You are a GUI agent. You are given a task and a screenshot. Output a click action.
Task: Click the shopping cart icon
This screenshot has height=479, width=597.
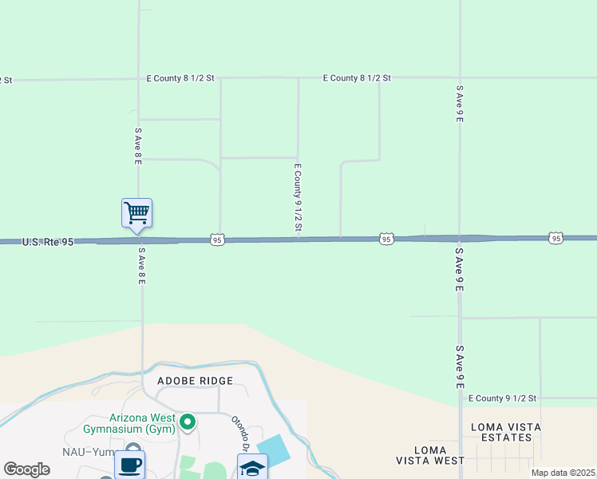[136, 212]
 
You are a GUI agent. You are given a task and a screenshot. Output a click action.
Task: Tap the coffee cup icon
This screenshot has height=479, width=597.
[129, 465]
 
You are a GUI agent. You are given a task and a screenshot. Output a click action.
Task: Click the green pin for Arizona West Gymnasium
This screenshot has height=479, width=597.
[188, 422]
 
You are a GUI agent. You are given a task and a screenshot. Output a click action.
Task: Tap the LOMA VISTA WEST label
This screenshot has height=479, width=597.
[430, 456]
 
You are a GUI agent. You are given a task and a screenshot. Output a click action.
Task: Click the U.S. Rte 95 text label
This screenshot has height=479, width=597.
[48, 241]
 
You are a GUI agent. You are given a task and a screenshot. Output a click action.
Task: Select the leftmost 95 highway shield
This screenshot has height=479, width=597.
[217, 239]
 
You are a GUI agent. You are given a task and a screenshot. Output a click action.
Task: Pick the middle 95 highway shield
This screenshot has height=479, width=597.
[386, 239]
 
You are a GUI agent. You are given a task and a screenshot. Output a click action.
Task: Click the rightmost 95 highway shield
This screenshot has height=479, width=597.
[555, 238]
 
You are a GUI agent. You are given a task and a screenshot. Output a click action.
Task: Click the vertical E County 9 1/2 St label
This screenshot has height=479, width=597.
[298, 198]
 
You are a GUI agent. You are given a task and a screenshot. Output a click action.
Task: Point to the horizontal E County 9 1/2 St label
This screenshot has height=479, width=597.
[503, 398]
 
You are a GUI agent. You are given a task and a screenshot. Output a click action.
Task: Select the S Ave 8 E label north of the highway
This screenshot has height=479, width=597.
[138, 146]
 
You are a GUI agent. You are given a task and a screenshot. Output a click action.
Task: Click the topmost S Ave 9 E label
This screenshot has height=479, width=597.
[460, 104]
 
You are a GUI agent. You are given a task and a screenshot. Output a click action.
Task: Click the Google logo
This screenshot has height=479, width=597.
[27, 469]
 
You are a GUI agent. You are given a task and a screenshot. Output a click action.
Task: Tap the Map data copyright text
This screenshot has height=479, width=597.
[563, 473]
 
